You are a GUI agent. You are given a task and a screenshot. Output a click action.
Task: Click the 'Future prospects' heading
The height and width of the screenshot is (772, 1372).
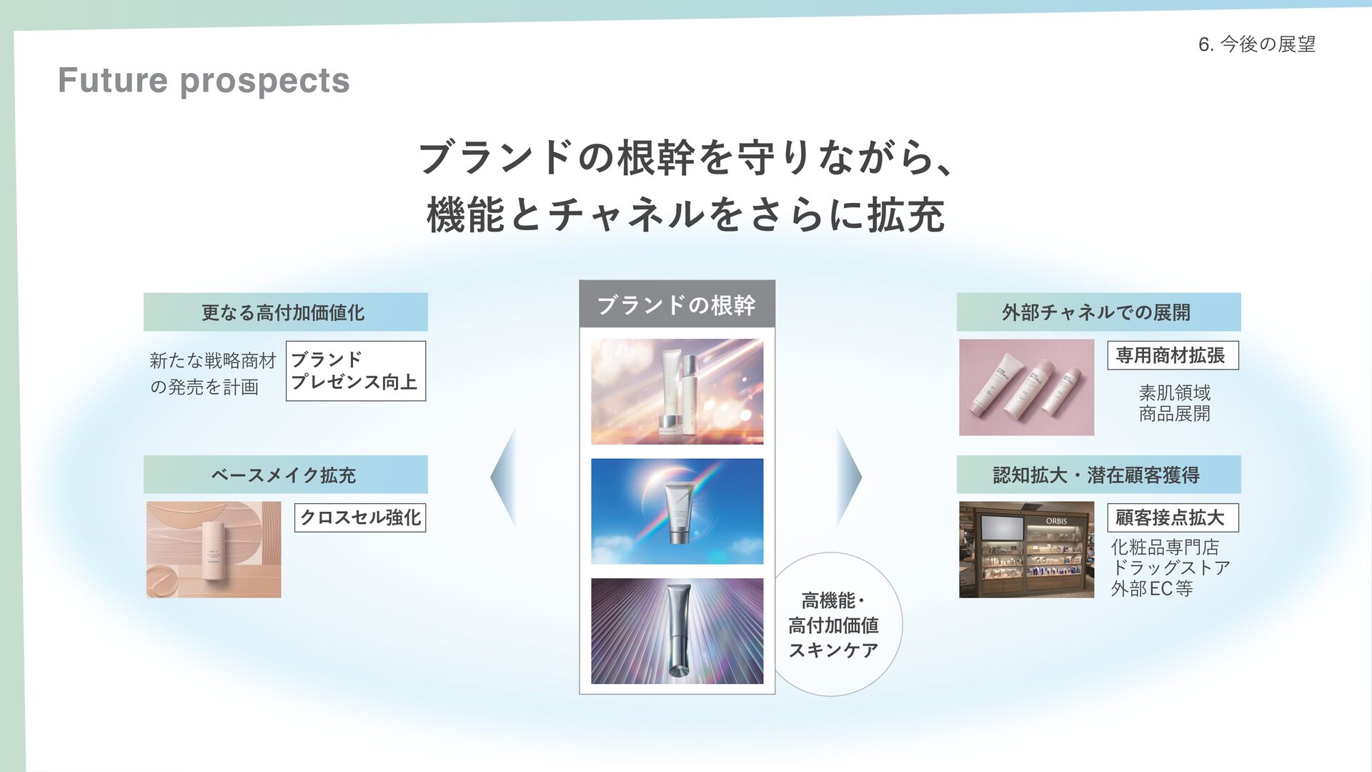[x=204, y=80]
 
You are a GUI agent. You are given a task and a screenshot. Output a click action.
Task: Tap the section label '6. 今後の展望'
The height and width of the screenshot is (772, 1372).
[x=1256, y=44]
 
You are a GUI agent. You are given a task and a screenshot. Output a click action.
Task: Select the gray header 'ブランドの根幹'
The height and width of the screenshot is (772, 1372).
[x=676, y=305]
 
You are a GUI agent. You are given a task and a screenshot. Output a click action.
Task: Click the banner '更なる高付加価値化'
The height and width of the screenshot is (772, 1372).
[x=285, y=312]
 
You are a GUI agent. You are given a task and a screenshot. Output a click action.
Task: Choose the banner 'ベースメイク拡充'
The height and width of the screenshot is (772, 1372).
[x=285, y=475]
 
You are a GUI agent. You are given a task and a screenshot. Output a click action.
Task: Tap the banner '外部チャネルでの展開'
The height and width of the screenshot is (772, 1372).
[x=1098, y=312]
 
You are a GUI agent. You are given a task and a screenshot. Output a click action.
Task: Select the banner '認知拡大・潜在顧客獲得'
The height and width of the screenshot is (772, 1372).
[x=1098, y=475]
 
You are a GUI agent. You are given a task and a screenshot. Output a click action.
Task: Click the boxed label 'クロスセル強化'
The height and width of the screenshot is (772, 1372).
[x=359, y=518]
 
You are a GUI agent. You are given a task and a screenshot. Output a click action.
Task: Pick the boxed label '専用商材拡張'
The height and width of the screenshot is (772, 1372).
[x=1172, y=355]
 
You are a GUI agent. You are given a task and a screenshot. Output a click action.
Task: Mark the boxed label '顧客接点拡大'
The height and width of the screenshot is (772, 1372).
[x=1172, y=518]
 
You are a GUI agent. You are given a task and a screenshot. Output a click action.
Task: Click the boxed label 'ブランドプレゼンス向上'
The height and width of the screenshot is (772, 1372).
[x=355, y=371]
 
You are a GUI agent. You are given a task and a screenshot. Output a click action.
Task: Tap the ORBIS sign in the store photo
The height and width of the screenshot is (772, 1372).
[x=1056, y=521]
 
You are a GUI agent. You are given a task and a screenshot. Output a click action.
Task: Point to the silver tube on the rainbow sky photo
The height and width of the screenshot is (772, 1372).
[x=678, y=512]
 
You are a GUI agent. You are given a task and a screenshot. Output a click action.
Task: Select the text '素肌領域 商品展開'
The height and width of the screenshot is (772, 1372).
[x=1174, y=403]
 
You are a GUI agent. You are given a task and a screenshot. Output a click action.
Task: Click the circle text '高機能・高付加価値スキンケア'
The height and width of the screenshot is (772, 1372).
[x=833, y=625]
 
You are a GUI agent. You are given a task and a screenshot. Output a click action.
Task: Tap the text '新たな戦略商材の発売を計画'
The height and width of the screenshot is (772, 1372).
[x=212, y=374]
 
